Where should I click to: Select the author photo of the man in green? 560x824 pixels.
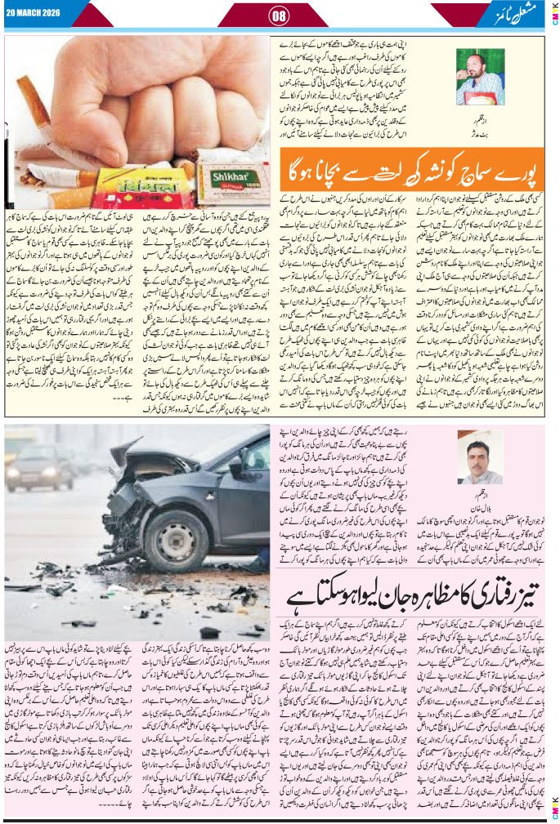click(x=480, y=76)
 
